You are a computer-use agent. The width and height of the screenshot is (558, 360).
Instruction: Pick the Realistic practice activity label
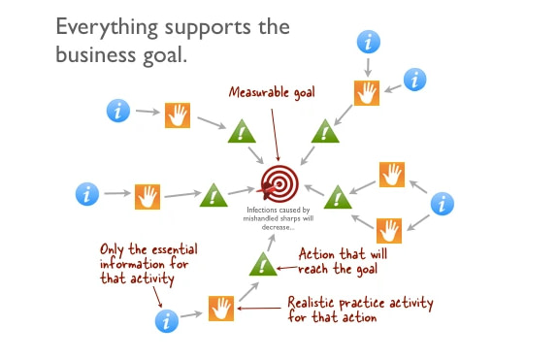click(360, 309)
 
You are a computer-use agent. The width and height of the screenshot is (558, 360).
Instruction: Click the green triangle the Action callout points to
click(262, 263)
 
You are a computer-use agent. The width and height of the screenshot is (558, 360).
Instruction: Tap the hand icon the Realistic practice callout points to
click(221, 309)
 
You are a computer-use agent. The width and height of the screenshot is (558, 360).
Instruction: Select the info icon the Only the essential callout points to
click(167, 319)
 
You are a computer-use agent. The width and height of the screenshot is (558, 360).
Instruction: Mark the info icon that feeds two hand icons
click(443, 204)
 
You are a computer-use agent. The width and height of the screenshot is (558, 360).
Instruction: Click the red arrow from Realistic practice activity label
click(259, 309)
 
